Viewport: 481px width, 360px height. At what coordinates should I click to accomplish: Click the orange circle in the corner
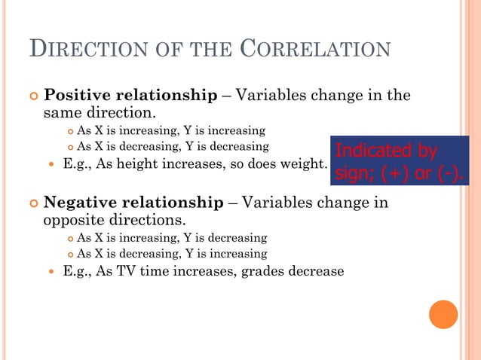tap(443, 314)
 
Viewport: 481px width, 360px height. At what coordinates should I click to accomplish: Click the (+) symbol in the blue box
tap(397, 175)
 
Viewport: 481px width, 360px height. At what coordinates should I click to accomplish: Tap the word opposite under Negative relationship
tap(69, 221)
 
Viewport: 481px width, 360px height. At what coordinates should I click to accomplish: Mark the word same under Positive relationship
tap(60, 114)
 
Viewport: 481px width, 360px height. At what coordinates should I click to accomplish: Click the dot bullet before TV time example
tap(51, 272)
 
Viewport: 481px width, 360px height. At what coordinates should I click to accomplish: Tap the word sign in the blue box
tap(351, 175)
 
